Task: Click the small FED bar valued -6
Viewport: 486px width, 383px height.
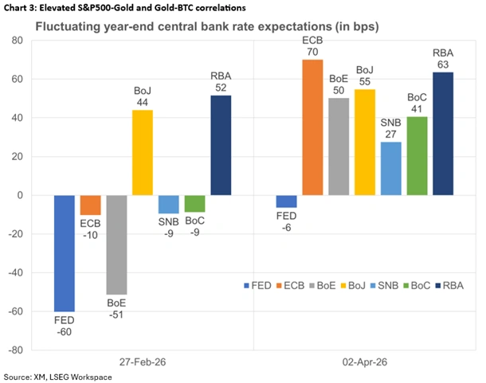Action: [287, 201]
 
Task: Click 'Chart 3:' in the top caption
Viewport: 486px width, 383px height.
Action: [22, 8]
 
